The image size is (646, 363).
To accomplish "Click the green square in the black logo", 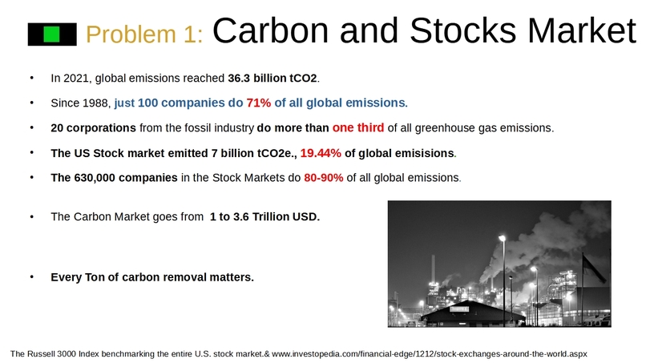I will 52,34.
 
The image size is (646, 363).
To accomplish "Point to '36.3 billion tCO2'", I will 273,79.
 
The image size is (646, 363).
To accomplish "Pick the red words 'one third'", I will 358,127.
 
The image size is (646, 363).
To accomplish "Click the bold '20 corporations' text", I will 93,128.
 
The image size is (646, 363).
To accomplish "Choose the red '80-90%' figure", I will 323,178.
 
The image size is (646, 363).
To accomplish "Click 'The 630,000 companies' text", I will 114,178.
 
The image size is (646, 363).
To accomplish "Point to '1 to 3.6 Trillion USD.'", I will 264,216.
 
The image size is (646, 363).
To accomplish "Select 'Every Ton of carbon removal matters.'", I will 151,277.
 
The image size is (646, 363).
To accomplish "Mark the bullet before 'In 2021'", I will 33,79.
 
